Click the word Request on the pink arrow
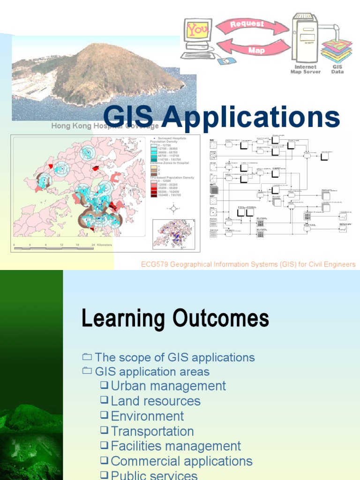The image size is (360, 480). click(247, 24)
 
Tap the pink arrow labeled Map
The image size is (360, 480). click(256, 50)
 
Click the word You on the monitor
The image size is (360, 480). click(197, 30)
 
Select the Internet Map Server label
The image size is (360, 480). click(306, 69)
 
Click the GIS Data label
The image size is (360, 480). click(337, 69)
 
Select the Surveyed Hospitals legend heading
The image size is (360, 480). click(172, 138)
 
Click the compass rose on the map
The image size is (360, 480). click(173, 209)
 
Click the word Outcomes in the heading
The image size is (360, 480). click(220, 319)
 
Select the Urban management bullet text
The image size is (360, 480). click(168, 386)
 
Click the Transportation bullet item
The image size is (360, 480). click(152, 431)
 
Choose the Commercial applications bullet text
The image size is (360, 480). click(181, 461)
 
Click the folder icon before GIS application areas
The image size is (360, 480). click(87, 371)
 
